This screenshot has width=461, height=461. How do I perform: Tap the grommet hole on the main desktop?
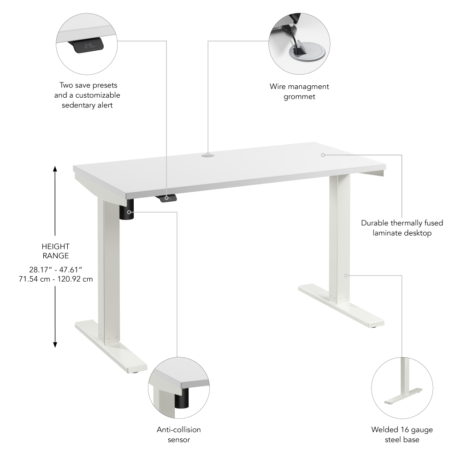click(x=207, y=156)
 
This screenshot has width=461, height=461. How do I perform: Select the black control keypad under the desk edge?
click(x=167, y=198)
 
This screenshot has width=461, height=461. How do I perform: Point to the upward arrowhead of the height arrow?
click(x=55, y=169)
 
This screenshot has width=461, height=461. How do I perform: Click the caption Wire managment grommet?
click(x=299, y=91)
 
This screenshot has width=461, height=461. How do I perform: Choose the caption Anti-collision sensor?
click(x=179, y=434)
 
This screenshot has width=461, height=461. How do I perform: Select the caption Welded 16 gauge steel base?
click(x=402, y=434)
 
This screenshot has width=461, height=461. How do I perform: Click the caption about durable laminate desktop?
click(x=402, y=228)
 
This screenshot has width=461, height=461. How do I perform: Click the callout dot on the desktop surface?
click(x=323, y=155)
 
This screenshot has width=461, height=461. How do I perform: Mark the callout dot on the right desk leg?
click(x=346, y=275)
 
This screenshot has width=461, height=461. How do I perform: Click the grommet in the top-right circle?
click(x=307, y=50)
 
